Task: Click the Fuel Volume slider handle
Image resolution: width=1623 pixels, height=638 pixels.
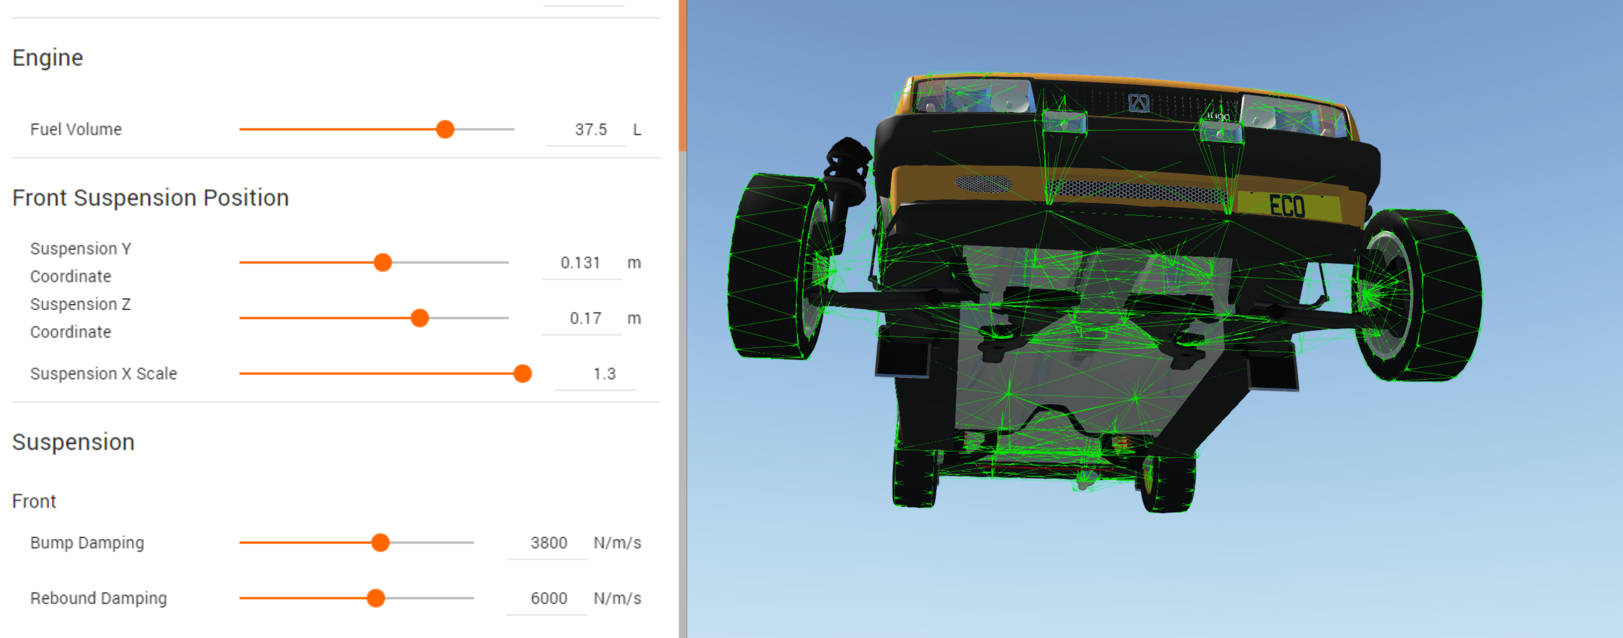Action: point(445,129)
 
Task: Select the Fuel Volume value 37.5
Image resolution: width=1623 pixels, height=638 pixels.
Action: point(590,129)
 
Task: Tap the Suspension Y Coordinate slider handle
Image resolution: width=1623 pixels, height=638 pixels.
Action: point(382,262)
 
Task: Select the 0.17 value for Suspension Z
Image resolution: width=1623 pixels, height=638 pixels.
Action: point(585,318)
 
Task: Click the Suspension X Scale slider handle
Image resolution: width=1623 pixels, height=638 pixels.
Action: point(523,373)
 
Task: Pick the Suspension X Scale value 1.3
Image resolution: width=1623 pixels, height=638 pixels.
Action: point(604,373)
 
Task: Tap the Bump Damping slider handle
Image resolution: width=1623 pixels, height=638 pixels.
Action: point(380,542)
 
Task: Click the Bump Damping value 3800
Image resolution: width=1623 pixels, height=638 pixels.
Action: point(549,542)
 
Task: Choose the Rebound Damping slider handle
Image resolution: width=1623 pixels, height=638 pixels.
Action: point(376,598)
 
